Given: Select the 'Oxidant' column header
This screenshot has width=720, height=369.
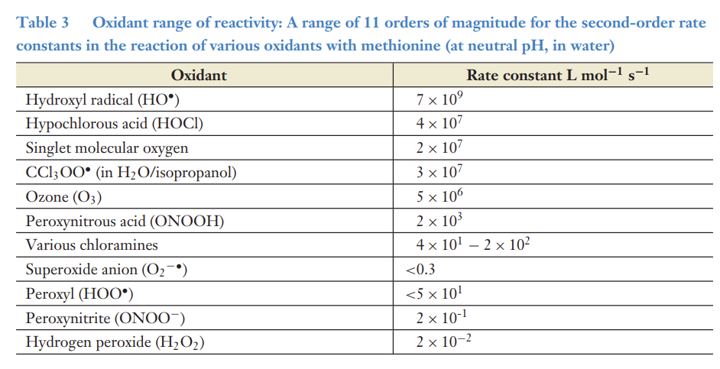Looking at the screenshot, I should coord(199,75).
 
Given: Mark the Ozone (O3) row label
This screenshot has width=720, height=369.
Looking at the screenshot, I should coord(63,197).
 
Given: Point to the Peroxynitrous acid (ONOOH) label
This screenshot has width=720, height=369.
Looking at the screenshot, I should coord(124,222).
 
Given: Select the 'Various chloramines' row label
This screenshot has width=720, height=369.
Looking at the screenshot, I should coord(92,245).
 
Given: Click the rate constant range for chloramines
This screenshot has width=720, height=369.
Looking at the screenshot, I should coord(473,245).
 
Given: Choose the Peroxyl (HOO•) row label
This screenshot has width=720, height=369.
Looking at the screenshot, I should coord(84,293).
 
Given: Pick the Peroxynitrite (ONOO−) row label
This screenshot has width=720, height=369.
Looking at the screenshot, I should coord(105,318).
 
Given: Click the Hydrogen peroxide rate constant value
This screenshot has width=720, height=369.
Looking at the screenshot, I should coord(443,341).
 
